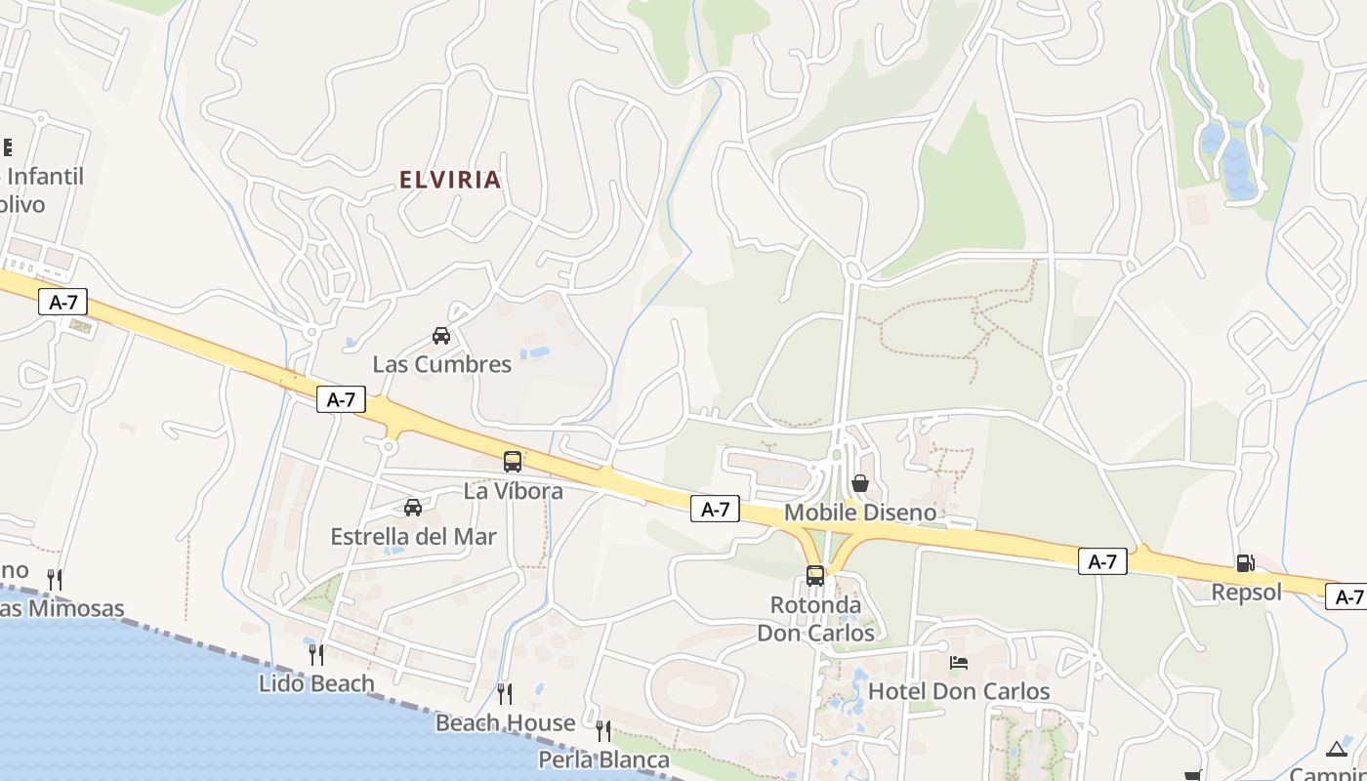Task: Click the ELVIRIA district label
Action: tap(450, 180)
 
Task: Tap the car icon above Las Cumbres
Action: tap(441, 336)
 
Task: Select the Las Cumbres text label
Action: tap(442, 364)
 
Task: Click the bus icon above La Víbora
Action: tap(513, 462)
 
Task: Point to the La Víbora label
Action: tap(514, 491)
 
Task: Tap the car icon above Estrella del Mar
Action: tap(413, 508)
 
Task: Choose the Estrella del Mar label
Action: tap(414, 537)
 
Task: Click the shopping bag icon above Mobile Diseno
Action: tap(860, 483)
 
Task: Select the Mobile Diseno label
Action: tap(860, 513)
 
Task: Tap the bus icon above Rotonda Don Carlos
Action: tap(815, 576)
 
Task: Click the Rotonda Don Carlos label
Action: tap(816, 619)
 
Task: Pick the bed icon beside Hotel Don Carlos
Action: tap(959, 663)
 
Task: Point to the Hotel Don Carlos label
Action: tap(959, 691)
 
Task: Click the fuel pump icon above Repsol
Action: tap(1246, 562)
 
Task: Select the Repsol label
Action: tap(1247, 592)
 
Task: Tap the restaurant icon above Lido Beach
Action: tap(316, 654)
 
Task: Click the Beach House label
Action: tap(505, 723)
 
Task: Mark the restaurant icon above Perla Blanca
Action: tap(603, 730)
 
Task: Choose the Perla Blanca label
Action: tap(604, 760)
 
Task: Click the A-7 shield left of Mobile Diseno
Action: tap(715, 509)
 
